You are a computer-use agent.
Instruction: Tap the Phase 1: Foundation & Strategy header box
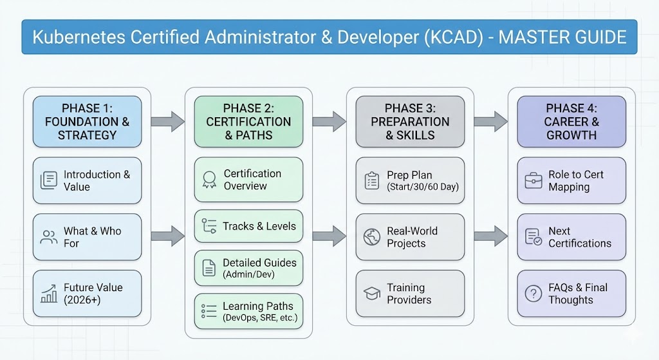[87, 122]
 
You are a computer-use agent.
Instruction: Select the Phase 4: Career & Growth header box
[571, 122]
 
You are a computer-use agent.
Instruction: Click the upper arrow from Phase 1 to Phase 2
[167, 120]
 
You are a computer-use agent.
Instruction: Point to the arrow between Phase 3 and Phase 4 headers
[491, 120]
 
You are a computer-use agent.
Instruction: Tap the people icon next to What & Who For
[49, 237]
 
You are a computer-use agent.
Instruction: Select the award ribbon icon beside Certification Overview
[209, 180]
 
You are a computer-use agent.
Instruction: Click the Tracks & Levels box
[248, 225]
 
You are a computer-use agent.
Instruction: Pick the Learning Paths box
[248, 312]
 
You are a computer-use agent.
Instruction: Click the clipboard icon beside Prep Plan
[371, 180]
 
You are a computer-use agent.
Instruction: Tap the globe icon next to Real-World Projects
[371, 237]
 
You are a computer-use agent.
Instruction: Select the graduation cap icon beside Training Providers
[371, 294]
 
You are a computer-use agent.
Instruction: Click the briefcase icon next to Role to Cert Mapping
[533, 180]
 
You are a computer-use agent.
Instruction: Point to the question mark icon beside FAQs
[533, 294]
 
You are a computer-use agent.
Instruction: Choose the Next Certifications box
[571, 237]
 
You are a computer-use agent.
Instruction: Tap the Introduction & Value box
[87, 180]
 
